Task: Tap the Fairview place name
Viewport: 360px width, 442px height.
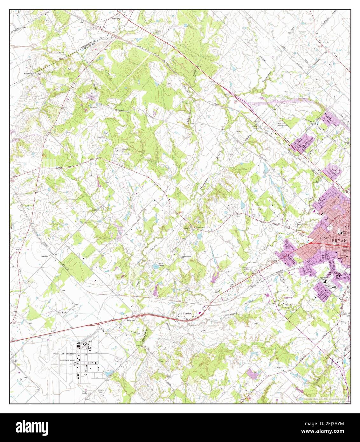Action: pos(187,314)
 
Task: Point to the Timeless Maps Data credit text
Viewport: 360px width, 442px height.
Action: pos(324,398)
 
